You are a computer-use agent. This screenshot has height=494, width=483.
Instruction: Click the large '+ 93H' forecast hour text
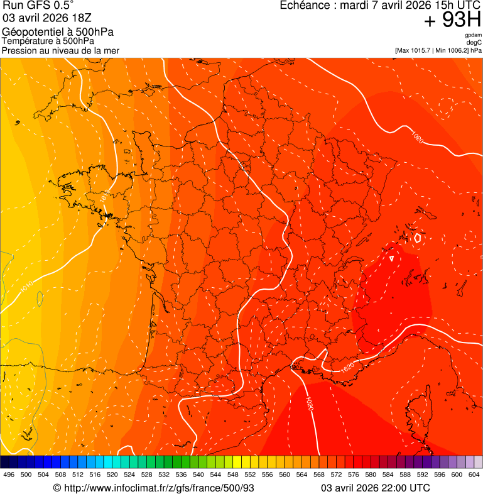(x=452, y=21)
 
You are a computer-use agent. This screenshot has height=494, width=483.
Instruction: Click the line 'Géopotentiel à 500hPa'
(x=58, y=32)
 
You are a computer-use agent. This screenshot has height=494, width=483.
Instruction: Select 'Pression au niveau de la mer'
(x=60, y=50)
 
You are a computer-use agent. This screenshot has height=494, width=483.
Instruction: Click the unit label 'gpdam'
(x=474, y=35)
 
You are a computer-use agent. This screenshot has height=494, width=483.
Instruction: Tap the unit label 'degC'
(x=474, y=43)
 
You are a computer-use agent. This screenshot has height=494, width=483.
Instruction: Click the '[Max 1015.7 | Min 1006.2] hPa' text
(x=438, y=50)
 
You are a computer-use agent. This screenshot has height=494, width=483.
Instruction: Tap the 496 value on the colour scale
(x=9, y=475)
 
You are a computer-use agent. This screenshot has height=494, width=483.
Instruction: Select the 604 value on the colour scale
(x=474, y=475)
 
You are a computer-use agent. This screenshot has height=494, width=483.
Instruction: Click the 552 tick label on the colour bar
(x=250, y=475)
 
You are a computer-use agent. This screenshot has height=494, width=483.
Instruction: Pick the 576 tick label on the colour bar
(x=353, y=475)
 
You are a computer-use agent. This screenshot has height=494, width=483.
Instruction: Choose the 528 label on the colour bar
(x=146, y=475)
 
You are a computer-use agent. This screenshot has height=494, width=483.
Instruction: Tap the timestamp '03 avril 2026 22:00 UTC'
(x=376, y=488)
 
